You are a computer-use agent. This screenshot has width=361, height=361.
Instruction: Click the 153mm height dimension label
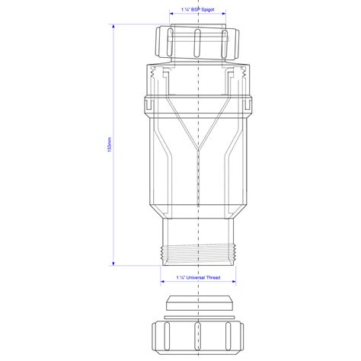tap(112, 149)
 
